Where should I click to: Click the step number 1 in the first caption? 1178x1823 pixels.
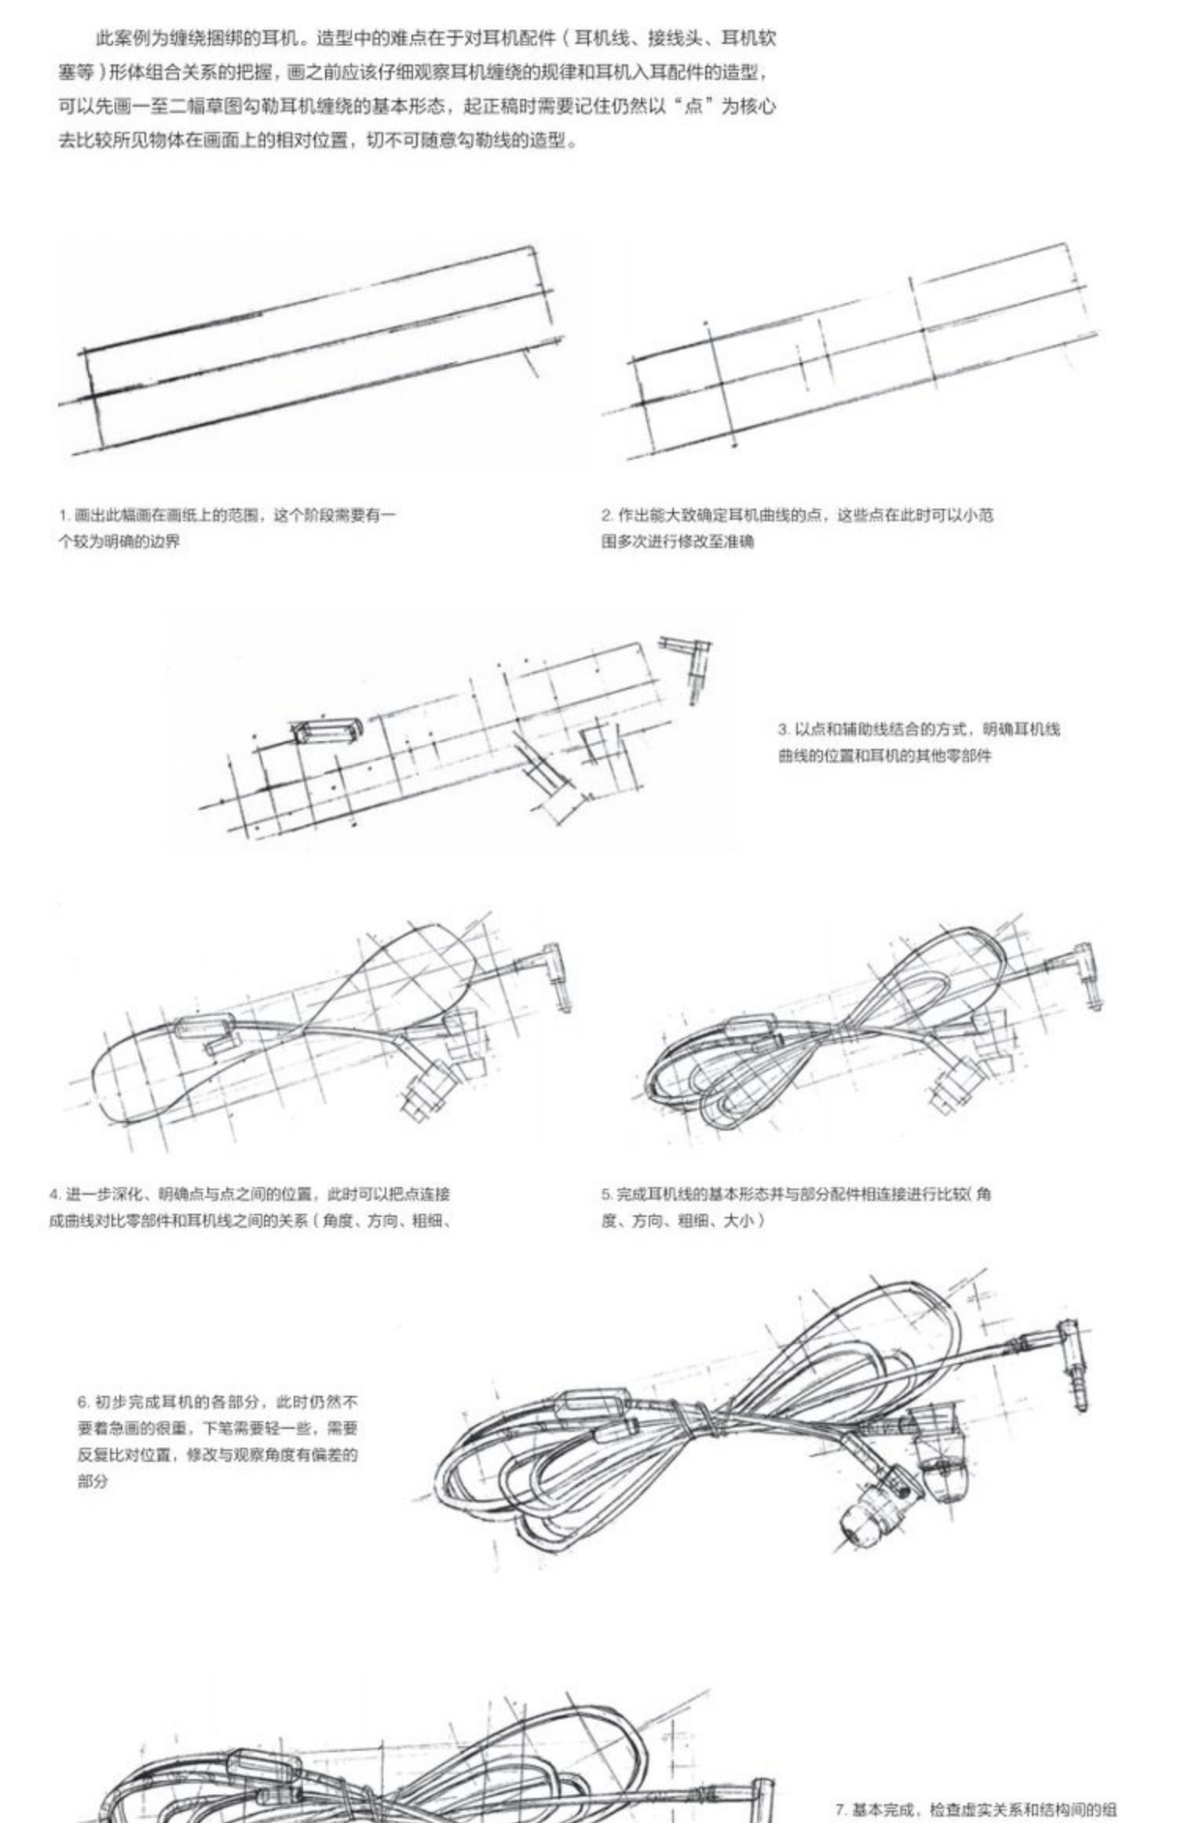pos(61,516)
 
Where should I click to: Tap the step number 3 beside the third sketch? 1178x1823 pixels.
pos(783,729)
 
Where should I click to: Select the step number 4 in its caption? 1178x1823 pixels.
pos(53,1195)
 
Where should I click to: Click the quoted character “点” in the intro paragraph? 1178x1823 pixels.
pos(693,106)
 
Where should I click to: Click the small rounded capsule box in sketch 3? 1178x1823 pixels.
pos(328,730)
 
